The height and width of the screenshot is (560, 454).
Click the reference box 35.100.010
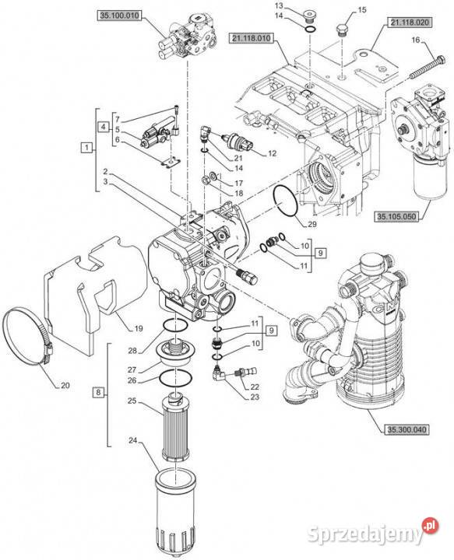click(x=119, y=16)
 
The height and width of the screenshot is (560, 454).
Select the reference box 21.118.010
click(x=252, y=38)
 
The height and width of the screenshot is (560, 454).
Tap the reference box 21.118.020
click(x=410, y=23)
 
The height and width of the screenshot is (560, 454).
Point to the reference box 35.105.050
click(x=397, y=216)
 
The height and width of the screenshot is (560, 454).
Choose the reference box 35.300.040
click(x=407, y=429)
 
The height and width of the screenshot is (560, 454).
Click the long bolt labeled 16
click(x=427, y=67)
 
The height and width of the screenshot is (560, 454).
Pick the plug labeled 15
click(x=342, y=30)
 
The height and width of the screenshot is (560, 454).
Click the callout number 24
click(x=132, y=441)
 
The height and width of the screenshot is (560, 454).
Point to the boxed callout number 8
click(x=98, y=393)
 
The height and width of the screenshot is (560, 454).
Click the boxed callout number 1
click(x=86, y=147)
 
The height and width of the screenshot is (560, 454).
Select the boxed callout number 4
click(x=104, y=127)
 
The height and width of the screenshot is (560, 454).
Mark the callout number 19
click(x=139, y=328)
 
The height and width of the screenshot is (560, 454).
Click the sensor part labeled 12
click(x=238, y=142)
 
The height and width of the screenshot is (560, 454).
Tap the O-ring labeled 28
click(x=175, y=325)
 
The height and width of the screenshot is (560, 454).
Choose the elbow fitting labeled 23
click(x=218, y=373)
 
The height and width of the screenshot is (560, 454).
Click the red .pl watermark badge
click(x=430, y=525)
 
